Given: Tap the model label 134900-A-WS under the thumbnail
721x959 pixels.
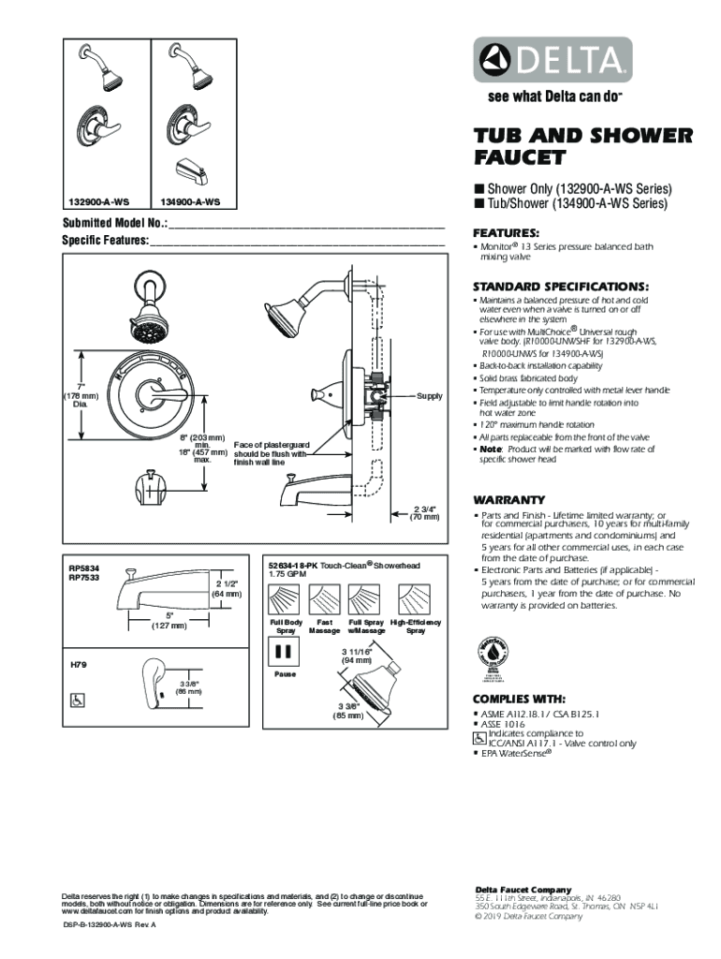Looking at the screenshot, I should coord(190,201).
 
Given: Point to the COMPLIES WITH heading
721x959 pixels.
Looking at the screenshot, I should coord(520,699).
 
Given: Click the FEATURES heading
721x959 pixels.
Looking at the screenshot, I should coord(506,232).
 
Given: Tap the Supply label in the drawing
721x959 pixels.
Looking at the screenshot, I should coord(430,396).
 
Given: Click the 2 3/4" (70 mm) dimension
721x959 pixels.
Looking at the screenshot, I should coord(425,512).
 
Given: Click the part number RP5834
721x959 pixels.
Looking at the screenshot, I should coord(84,568).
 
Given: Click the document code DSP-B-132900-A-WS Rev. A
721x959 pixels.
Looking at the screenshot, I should coord(109,924).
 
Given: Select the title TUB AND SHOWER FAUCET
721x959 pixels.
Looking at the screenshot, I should coord(582,146).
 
